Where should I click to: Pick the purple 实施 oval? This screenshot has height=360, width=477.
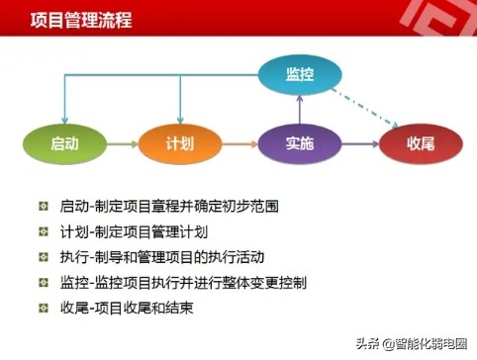[300, 143]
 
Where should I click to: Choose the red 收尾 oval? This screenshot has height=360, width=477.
[420, 144]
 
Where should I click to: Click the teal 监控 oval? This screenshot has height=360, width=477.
[300, 74]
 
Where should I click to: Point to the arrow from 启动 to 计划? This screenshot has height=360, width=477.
[122, 144]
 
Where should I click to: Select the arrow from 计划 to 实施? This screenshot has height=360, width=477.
[239, 144]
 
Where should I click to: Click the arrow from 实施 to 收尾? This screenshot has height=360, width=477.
[359, 144]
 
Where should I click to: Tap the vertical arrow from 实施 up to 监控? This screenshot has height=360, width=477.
[300, 107]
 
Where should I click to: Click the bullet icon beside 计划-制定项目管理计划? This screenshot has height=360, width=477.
[42, 233]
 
